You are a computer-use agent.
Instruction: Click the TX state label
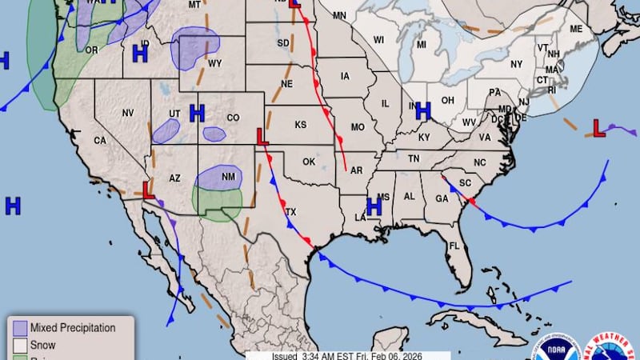(x=291, y=213)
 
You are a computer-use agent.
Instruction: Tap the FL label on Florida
(x=454, y=246)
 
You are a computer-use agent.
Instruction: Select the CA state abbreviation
(x=100, y=141)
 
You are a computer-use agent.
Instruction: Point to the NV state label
(x=127, y=114)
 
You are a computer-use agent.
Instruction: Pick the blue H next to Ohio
(x=423, y=110)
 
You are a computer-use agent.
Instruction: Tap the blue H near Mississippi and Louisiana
(x=374, y=206)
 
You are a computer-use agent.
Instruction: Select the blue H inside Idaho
(x=140, y=54)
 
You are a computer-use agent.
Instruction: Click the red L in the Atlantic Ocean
(x=597, y=126)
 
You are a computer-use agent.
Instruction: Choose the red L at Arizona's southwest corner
(x=148, y=190)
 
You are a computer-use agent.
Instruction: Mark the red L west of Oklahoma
(x=262, y=137)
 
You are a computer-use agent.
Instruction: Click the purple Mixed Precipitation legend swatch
(x=18, y=328)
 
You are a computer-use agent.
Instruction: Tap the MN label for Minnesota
(x=339, y=16)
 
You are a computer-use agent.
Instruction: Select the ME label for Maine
(x=576, y=30)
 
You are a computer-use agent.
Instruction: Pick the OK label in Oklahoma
(x=309, y=162)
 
